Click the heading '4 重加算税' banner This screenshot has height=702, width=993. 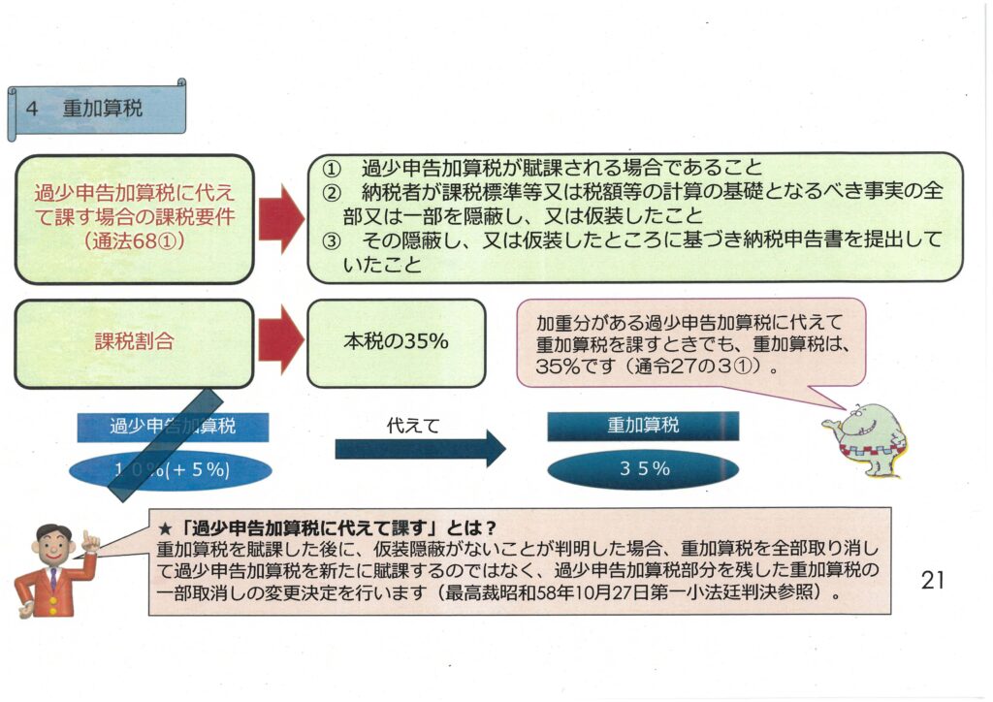[97, 110]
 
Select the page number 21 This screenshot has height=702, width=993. [932, 581]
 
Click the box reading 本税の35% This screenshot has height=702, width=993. [396, 342]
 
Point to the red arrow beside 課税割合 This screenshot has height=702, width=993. [280, 342]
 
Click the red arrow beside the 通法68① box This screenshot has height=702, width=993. [281, 218]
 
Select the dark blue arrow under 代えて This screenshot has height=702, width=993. [420, 449]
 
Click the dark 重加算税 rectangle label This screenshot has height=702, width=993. [643, 426]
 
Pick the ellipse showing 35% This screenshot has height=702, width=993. [643, 469]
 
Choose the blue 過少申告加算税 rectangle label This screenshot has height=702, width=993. [173, 426]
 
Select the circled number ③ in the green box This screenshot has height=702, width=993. [329, 240]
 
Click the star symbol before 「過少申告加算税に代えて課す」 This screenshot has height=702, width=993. [164, 528]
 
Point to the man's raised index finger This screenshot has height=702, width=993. [87, 536]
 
